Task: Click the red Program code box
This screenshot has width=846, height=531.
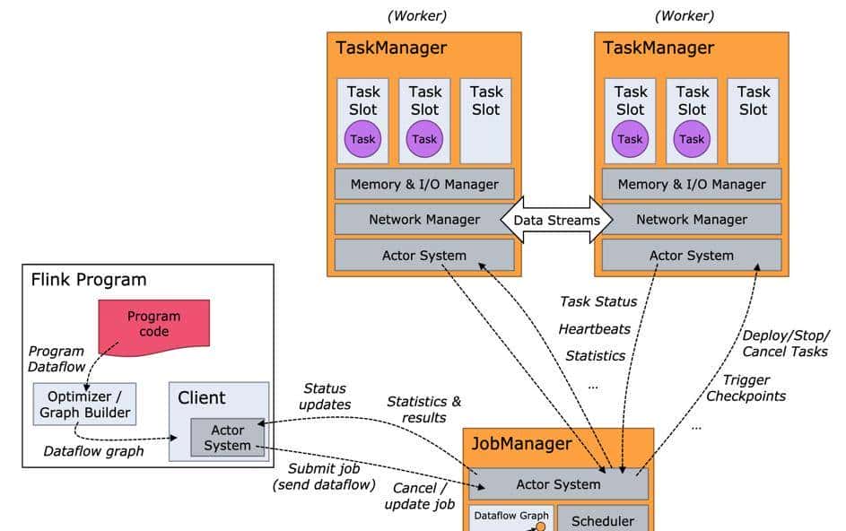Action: (x=153, y=324)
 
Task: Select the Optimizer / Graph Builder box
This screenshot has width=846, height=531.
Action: (x=85, y=404)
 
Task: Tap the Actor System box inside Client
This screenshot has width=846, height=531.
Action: (x=227, y=438)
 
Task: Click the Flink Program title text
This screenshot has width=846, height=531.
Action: (x=89, y=280)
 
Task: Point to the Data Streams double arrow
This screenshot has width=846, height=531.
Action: (x=556, y=219)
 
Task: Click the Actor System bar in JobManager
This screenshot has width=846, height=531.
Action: (x=558, y=484)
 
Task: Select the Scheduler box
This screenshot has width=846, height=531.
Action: (x=602, y=520)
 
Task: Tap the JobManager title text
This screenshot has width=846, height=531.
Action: (x=521, y=444)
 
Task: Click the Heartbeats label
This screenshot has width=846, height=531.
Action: (x=594, y=328)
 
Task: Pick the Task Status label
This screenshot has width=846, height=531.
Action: (x=598, y=301)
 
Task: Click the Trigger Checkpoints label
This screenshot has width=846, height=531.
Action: (x=746, y=387)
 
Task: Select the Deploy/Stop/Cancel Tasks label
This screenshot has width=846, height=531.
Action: (x=785, y=343)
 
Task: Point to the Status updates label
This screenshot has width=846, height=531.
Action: (x=327, y=396)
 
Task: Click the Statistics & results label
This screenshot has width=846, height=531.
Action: (x=423, y=409)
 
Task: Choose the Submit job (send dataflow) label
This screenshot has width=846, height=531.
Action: (x=318, y=476)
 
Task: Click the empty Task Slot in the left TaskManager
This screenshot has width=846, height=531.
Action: (x=486, y=120)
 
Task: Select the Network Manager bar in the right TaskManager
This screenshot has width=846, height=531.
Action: (x=691, y=219)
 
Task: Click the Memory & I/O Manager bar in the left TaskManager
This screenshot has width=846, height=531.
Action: (x=424, y=184)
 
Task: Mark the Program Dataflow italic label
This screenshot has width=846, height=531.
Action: (x=56, y=359)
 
